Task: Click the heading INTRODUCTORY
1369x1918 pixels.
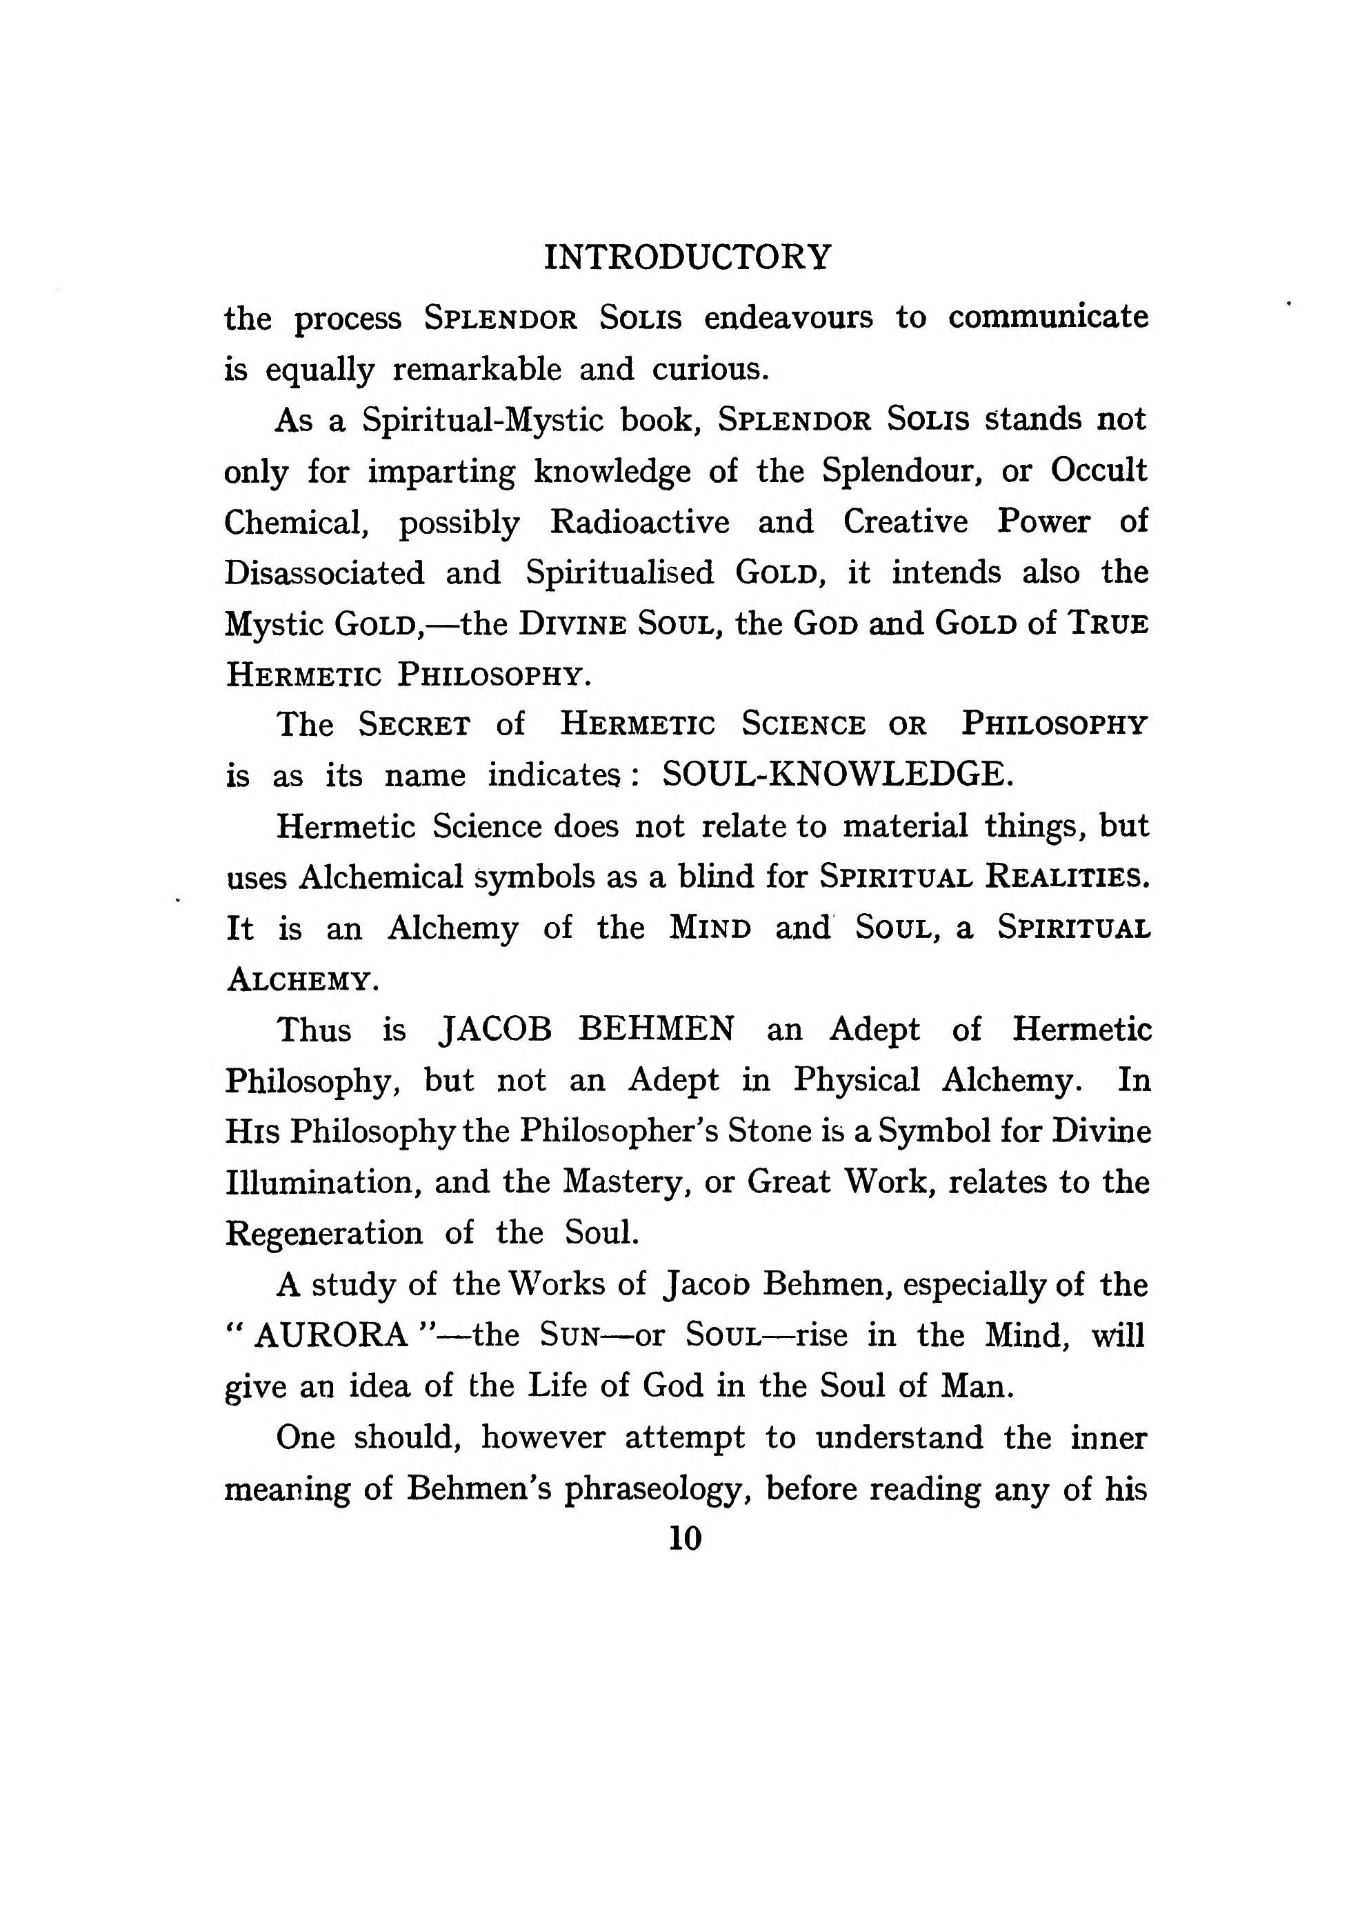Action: pyautogui.click(x=687, y=257)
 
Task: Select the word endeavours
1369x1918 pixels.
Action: pyautogui.click(x=788, y=318)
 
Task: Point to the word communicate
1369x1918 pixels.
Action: pyautogui.click(x=1048, y=318)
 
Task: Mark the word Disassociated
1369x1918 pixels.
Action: pyautogui.click(x=325, y=572)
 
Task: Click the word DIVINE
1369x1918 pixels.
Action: pyautogui.click(x=572, y=624)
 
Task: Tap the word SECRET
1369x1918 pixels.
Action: pyautogui.click(x=414, y=724)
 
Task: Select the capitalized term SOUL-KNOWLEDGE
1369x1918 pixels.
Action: pyautogui.click(x=837, y=775)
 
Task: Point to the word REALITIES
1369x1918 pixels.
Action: pyautogui.click(x=1066, y=878)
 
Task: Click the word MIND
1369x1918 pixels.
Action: pyautogui.click(x=710, y=928)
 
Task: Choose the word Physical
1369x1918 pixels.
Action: pyautogui.click(x=856, y=1080)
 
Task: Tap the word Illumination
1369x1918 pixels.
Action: pyautogui.click(x=323, y=1182)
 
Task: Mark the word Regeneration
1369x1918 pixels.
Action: pyautogui.click(x=323, y=1233)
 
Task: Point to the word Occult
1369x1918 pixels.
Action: pyautogui.click(x=1099, y=470)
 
